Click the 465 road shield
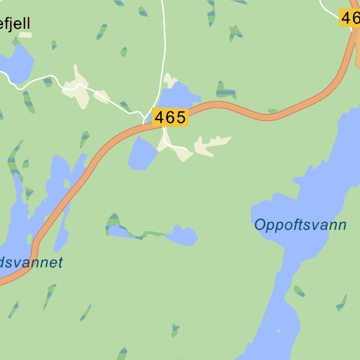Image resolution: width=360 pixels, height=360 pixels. coord(169,117)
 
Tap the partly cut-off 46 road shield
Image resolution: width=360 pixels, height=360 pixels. coord(349,18)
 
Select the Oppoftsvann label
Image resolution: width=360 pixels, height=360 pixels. coord(300,225)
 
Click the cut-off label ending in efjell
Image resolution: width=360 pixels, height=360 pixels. coord(15,24)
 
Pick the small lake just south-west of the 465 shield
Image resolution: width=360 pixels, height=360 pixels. coord(143,153)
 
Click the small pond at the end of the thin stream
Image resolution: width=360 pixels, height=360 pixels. coord(182,236)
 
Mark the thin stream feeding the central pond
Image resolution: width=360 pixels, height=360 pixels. coord(144,233)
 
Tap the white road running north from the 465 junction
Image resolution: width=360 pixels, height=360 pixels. coord(163,49)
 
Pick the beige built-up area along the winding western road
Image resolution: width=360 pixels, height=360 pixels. coord(77,89)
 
